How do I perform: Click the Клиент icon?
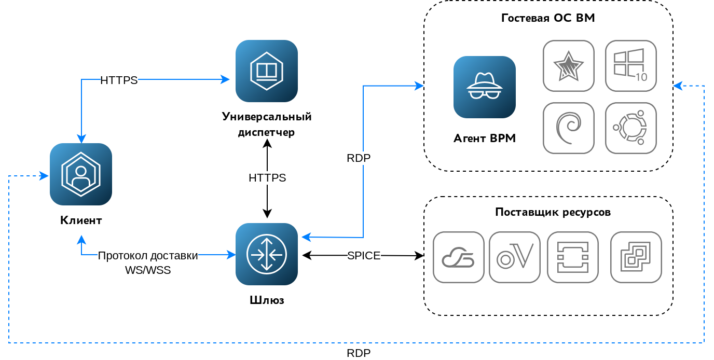(x=81, y=174)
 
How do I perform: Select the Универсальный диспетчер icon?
(x=267, y=71)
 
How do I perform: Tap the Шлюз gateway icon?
(x=267, y=254)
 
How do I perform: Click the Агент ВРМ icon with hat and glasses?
(x=485, y=87)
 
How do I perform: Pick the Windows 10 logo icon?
(x=631, y=66)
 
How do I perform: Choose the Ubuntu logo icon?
(x=631, y=128)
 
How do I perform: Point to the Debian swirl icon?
(x=569, y=128)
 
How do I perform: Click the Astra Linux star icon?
(x=569, y=66)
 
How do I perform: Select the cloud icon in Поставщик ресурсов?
(x=459, y=257)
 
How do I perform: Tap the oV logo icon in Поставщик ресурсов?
(x=515, y=257)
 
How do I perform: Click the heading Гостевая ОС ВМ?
(x=548, y=18)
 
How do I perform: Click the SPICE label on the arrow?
(x=364, y=256)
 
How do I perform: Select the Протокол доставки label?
(x=148, y=256)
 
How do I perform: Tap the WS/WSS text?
(x=148, y=270)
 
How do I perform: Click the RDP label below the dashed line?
(x=359, y=353)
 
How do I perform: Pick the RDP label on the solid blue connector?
(x=359, y=158)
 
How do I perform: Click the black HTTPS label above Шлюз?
(x=267, y=178)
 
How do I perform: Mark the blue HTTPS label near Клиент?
(x=119, y=80)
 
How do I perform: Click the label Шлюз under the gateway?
(x=267, y=300)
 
